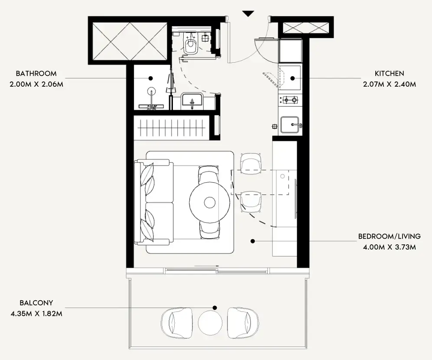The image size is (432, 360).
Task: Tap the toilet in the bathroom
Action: pos(190,44)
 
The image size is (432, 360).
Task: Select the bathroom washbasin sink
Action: pos(192,101)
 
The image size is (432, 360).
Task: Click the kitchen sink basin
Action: pos(290,125)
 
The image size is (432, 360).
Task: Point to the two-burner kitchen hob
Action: pos(290,100)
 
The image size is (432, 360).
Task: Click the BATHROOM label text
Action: pos(36,74)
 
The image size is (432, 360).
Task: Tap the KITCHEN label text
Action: pos(389,74)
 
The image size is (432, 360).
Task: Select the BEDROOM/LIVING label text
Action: pos(389,237)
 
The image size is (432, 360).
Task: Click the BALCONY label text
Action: pos(36,303)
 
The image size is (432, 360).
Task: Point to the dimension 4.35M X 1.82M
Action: pos(36,314)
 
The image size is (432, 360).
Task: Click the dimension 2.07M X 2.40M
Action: pos(389,84)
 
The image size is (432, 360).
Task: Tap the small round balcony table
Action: pos(210,323)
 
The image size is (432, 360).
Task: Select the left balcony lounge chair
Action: pos(177,323)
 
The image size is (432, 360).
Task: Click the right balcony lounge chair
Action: pos(243,323)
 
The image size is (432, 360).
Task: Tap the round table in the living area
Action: pos(210,203)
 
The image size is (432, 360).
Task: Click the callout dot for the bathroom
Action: pos(151,78)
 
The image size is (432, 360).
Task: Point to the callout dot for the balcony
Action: pos(215,308)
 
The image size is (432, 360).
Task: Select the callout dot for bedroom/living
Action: pos(253,241)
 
